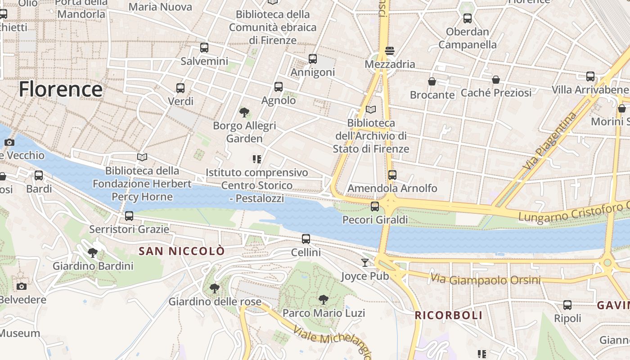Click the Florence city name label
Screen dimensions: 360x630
click(x=61, y=89)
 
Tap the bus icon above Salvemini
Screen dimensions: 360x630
click(x=204, y=48)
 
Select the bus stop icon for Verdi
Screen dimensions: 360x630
click(x=180, y=88)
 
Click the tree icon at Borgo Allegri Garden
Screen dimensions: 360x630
click(x=244, y=112)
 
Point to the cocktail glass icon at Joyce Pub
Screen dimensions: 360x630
click(x=365, y=262)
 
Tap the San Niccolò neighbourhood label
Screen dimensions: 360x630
click(x=181, y=251)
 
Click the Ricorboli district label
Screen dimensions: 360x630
click(x=448, y=315)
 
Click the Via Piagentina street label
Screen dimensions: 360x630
click(x=549, y=141)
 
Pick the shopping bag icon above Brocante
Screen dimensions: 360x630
click(x=432, y=81)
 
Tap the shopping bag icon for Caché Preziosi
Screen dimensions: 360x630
click(x=496, y=80)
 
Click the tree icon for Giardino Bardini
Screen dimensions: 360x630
click(x=93, y=253)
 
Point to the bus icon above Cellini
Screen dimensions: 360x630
click(x=306, y=239)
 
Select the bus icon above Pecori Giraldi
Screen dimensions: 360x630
click(x=375, y=207)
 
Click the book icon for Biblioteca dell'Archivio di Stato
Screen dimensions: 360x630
click(x=371, y=109)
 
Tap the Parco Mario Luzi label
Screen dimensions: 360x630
click(x=324, y=313)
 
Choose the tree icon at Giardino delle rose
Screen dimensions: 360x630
click(x=215, y=288)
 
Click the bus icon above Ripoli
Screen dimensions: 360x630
click(x=567, y=305)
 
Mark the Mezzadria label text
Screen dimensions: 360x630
click(x=390, y=64)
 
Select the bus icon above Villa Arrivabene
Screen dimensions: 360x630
click(x=590, y=76)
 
